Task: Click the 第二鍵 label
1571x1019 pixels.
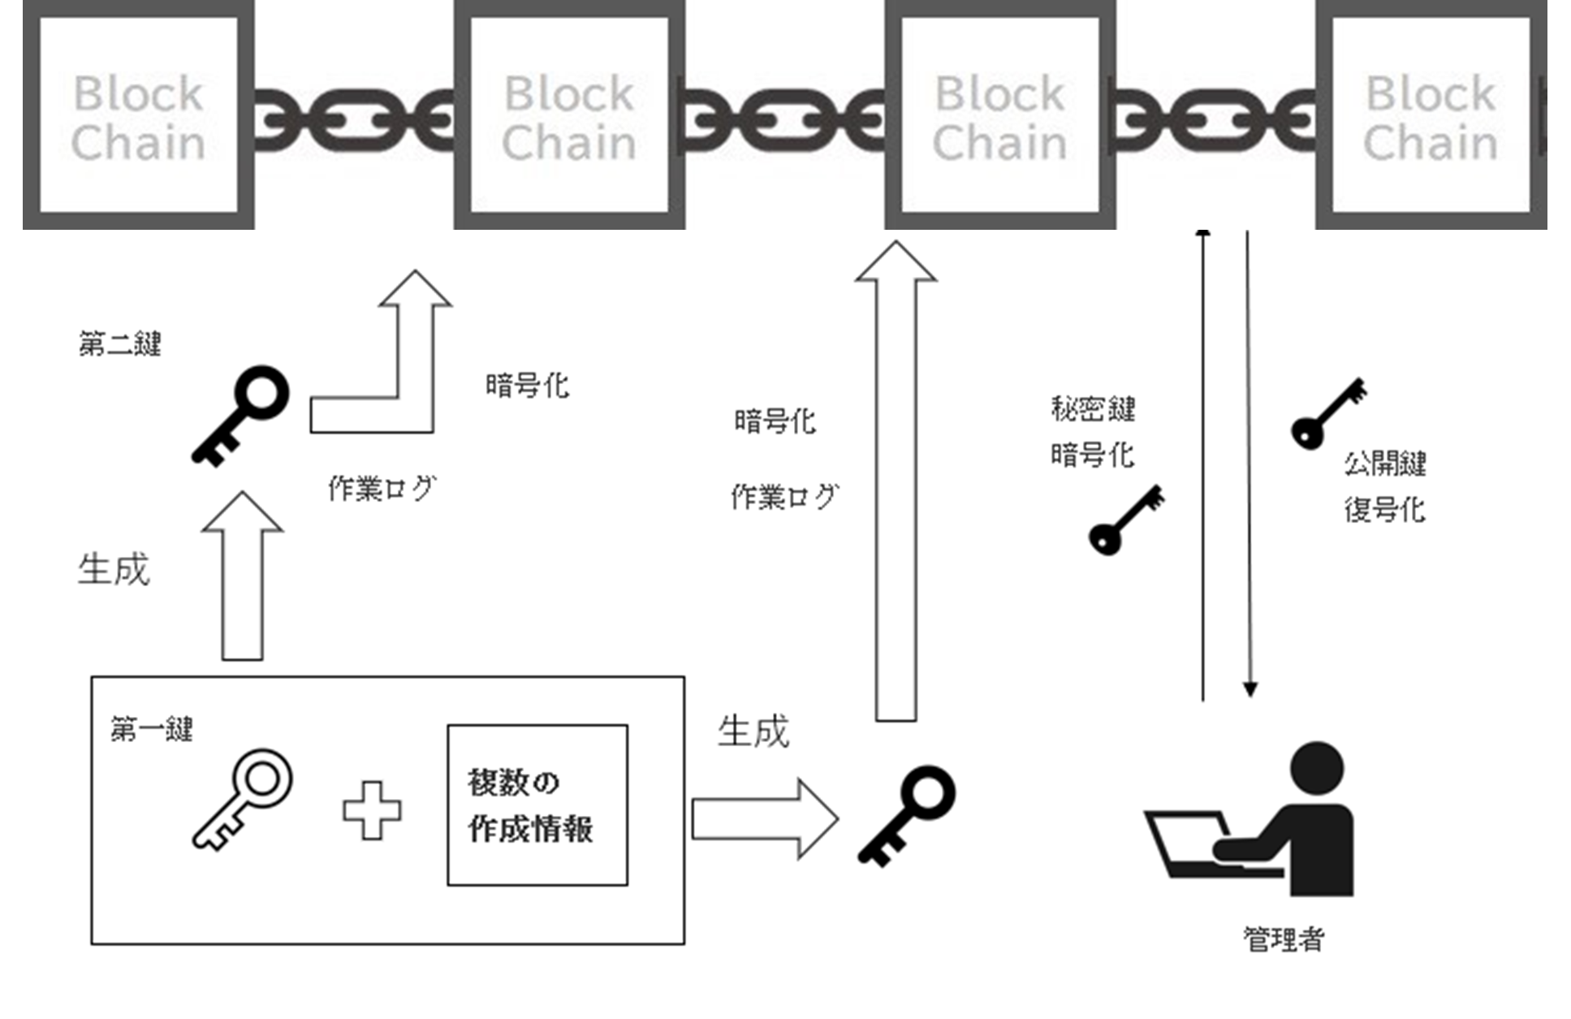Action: pyautogui.click(x=120, y=344)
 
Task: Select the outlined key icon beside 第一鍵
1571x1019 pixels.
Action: pyautogui.click(x=243, y=800)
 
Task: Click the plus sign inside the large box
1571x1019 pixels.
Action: pyautogui.click(x=372, y=810)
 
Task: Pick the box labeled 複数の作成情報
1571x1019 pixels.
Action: pyautogui.click(x=537, y=805)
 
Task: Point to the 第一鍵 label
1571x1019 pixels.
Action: pyautogui.click(x=152, y=729)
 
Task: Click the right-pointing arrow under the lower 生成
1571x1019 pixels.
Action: pyautogui.click(x=764, y=818)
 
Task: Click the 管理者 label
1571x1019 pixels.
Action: pyautogui.click(x=1284, y=939)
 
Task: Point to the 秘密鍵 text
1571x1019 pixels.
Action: pyautogui.click(x=1093, y=408)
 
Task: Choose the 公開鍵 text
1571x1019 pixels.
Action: pyautogui.click(x=1385, y=464)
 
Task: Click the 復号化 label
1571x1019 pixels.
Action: pyautogui.click(x=1384, y=510)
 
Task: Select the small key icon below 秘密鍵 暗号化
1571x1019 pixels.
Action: pyautogui.click(x=1126, y=520)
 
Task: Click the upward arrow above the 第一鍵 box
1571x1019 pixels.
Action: pyautogui.click(x=243, y=576)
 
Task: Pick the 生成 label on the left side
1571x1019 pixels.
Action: pyautogui.click(x=114, y=569)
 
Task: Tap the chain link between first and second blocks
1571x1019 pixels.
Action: pyautogui.click(x=354, y=121)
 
